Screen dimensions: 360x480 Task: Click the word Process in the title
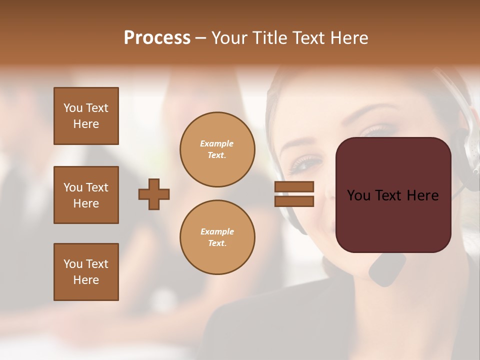[157, 38]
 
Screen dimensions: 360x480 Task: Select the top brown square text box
[86, 116]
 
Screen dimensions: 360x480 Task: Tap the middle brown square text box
[86, 195]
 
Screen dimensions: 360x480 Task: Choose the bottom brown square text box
[86, 272]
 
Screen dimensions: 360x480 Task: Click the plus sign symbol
[154, 194]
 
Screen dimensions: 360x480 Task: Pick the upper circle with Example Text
[217, 149]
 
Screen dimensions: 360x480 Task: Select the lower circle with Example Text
[217, 237]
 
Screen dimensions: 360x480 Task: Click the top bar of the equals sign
[294, 186]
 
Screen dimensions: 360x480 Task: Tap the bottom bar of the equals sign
[294, 201]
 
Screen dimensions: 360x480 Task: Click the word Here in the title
[348, 38]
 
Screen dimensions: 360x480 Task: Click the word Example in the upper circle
[216, 143]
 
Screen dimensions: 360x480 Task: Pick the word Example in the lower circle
[217, 231]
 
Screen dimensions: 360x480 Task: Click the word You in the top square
[73, 108]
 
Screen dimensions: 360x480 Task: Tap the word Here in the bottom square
[86, 280]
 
